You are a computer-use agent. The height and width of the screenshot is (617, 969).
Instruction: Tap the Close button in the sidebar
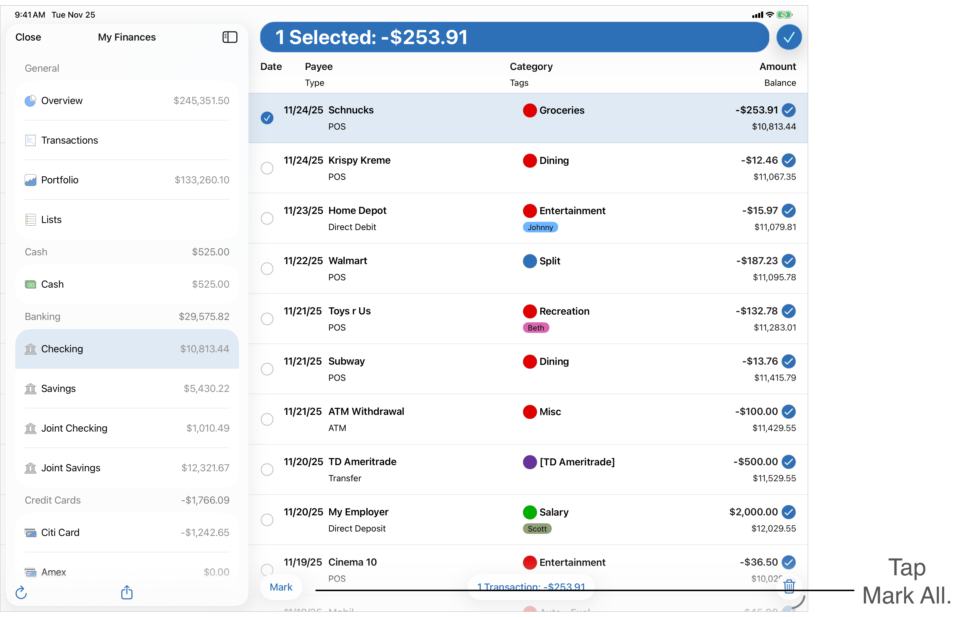coord(28,37)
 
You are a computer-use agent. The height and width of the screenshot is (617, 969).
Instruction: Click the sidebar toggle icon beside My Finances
coord(230,37)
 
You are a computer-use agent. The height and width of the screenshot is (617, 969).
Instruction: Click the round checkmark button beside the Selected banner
coord(789,37)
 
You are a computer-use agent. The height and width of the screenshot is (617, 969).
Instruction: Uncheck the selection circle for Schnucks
coord(267,118)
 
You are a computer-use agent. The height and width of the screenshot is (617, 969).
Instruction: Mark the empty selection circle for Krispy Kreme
coord(267,168)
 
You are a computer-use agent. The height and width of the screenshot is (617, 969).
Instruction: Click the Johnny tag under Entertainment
coord(540,227)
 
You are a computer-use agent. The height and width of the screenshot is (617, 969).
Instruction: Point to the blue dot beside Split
coord(529,261)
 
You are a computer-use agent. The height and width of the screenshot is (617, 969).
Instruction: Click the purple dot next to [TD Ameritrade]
coord(529,462)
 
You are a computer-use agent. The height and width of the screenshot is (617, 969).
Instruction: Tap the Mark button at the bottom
coord(281,587)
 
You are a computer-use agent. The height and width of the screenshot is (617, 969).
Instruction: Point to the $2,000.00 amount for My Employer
coord(753,512)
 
